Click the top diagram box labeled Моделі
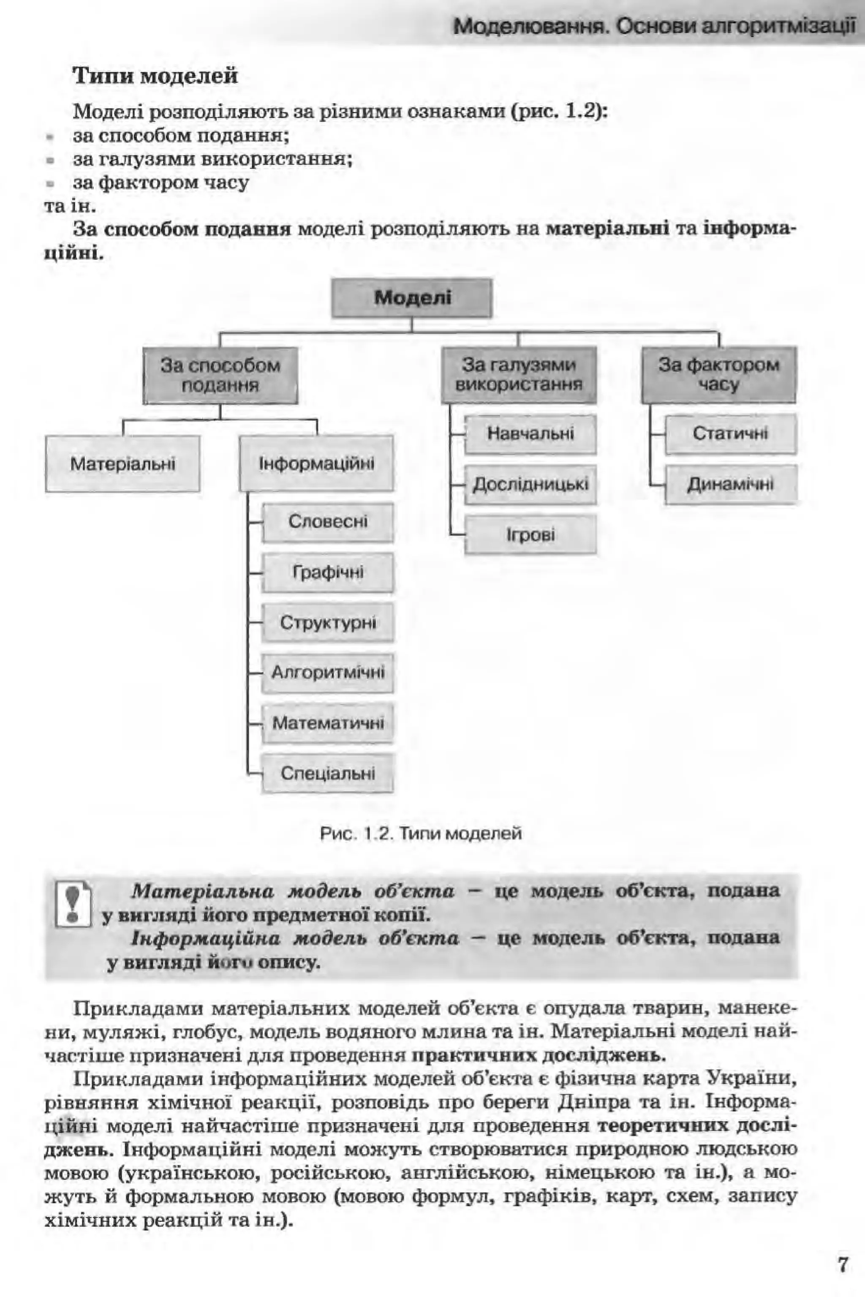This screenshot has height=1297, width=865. tap(411, 298)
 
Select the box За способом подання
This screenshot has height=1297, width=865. tap(220, 375)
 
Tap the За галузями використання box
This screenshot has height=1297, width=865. tap(519, 375)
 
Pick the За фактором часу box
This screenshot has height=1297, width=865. tap(718, 375)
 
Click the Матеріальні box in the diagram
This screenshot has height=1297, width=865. tap(122, 463)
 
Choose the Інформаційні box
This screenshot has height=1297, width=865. tap(316, 463)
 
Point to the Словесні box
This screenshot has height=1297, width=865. tap(328, 522)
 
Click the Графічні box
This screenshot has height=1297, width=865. tap(328, 572)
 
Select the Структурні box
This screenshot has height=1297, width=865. tap(328, 623)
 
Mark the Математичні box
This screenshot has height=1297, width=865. tap(328, 723)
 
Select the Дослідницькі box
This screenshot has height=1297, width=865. tap(530, 485)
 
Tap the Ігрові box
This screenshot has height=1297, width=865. tap(530, 534)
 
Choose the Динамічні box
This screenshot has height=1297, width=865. tap(730, 485)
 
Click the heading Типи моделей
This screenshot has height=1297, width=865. tap(155, 76)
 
